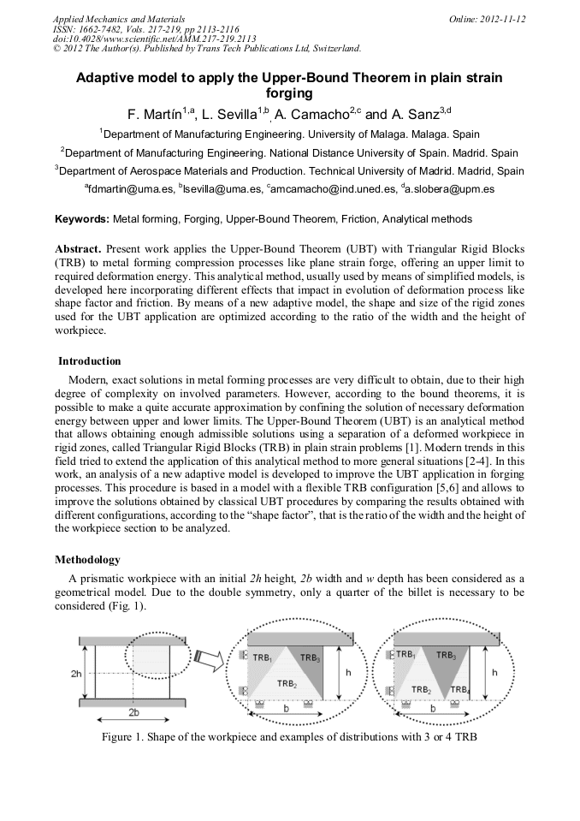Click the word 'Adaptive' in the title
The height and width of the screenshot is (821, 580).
105,78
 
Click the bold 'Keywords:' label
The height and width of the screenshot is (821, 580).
82,220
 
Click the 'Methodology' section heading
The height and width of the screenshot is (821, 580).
87,559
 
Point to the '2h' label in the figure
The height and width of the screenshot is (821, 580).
77,674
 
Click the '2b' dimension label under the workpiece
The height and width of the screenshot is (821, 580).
133,712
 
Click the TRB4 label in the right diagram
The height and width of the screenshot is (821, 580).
460,689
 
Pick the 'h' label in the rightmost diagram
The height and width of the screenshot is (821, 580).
494,673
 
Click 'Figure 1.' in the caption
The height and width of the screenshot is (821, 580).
126,737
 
